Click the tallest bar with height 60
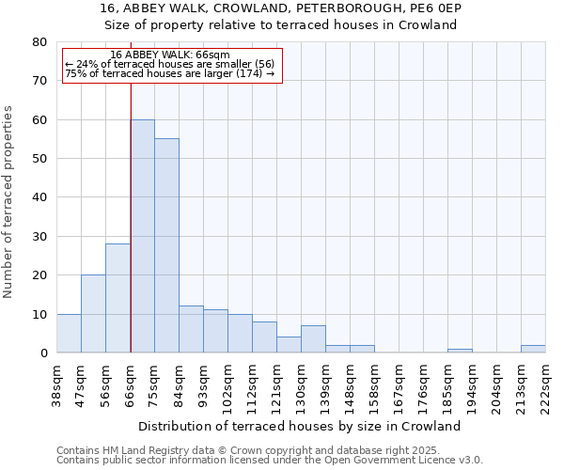143,236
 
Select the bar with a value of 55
167,245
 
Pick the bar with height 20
93,314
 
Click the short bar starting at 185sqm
460,351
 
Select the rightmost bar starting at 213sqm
533,349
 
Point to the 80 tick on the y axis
39,42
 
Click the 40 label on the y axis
39,197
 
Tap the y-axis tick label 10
39,314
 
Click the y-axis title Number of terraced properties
8,201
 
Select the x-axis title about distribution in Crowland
306,426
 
